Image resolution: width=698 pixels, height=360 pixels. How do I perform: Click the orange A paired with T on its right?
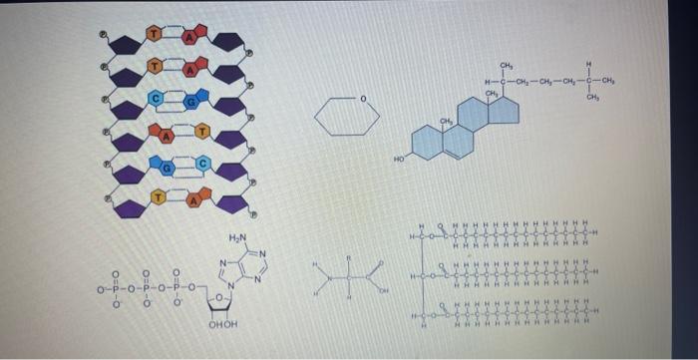(169, 132)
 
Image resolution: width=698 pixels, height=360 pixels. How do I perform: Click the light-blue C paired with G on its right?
(157, 98)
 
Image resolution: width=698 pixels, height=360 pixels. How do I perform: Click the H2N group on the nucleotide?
(236, 237)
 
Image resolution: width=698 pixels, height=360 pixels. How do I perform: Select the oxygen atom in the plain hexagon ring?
(364, 99)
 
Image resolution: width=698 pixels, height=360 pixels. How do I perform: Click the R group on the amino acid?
(349, 257)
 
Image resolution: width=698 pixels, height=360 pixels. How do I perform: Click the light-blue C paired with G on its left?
(202, 163)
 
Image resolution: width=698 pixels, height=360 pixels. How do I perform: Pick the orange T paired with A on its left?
(201, 130)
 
